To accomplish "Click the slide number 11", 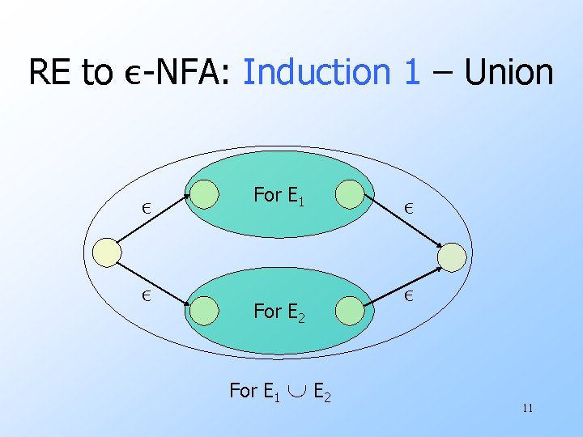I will tap(528, 407).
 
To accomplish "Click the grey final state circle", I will tap(453, 257).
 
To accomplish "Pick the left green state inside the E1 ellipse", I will tap(206, 194).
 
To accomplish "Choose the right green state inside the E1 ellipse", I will tap(351, 195).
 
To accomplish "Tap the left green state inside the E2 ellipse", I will tap(206, 309).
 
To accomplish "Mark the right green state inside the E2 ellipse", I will tap(349, 310).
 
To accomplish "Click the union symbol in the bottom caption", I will tap(295, 392).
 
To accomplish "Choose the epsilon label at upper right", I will tap(411, 207).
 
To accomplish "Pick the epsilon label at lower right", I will tap(411, 295).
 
